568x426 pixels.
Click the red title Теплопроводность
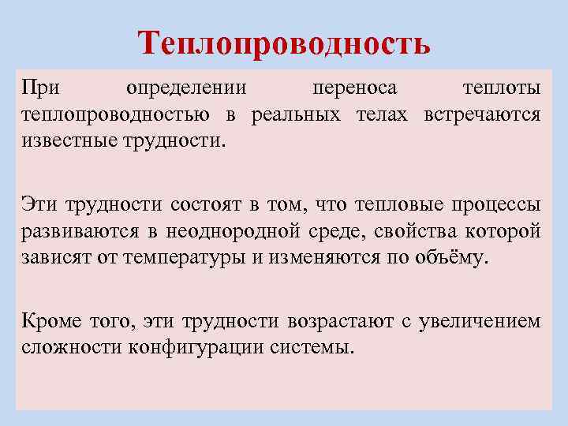coord(284,43)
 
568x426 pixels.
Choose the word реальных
coord(297,114)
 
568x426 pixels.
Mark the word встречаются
coord(482,114)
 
